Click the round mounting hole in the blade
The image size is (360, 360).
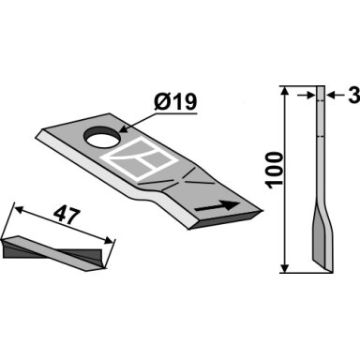click(102, 137)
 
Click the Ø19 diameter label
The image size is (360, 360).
click(175, 102)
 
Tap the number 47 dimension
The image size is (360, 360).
click(67, 216)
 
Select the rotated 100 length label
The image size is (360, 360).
click(274, 170)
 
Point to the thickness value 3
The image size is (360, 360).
click(353, 95)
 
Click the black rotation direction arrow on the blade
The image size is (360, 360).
click(217, 206)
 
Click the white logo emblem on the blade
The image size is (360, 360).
click(139, 158)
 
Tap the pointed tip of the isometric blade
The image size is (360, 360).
click(262, 210)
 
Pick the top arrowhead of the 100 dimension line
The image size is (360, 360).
click(284, 91)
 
